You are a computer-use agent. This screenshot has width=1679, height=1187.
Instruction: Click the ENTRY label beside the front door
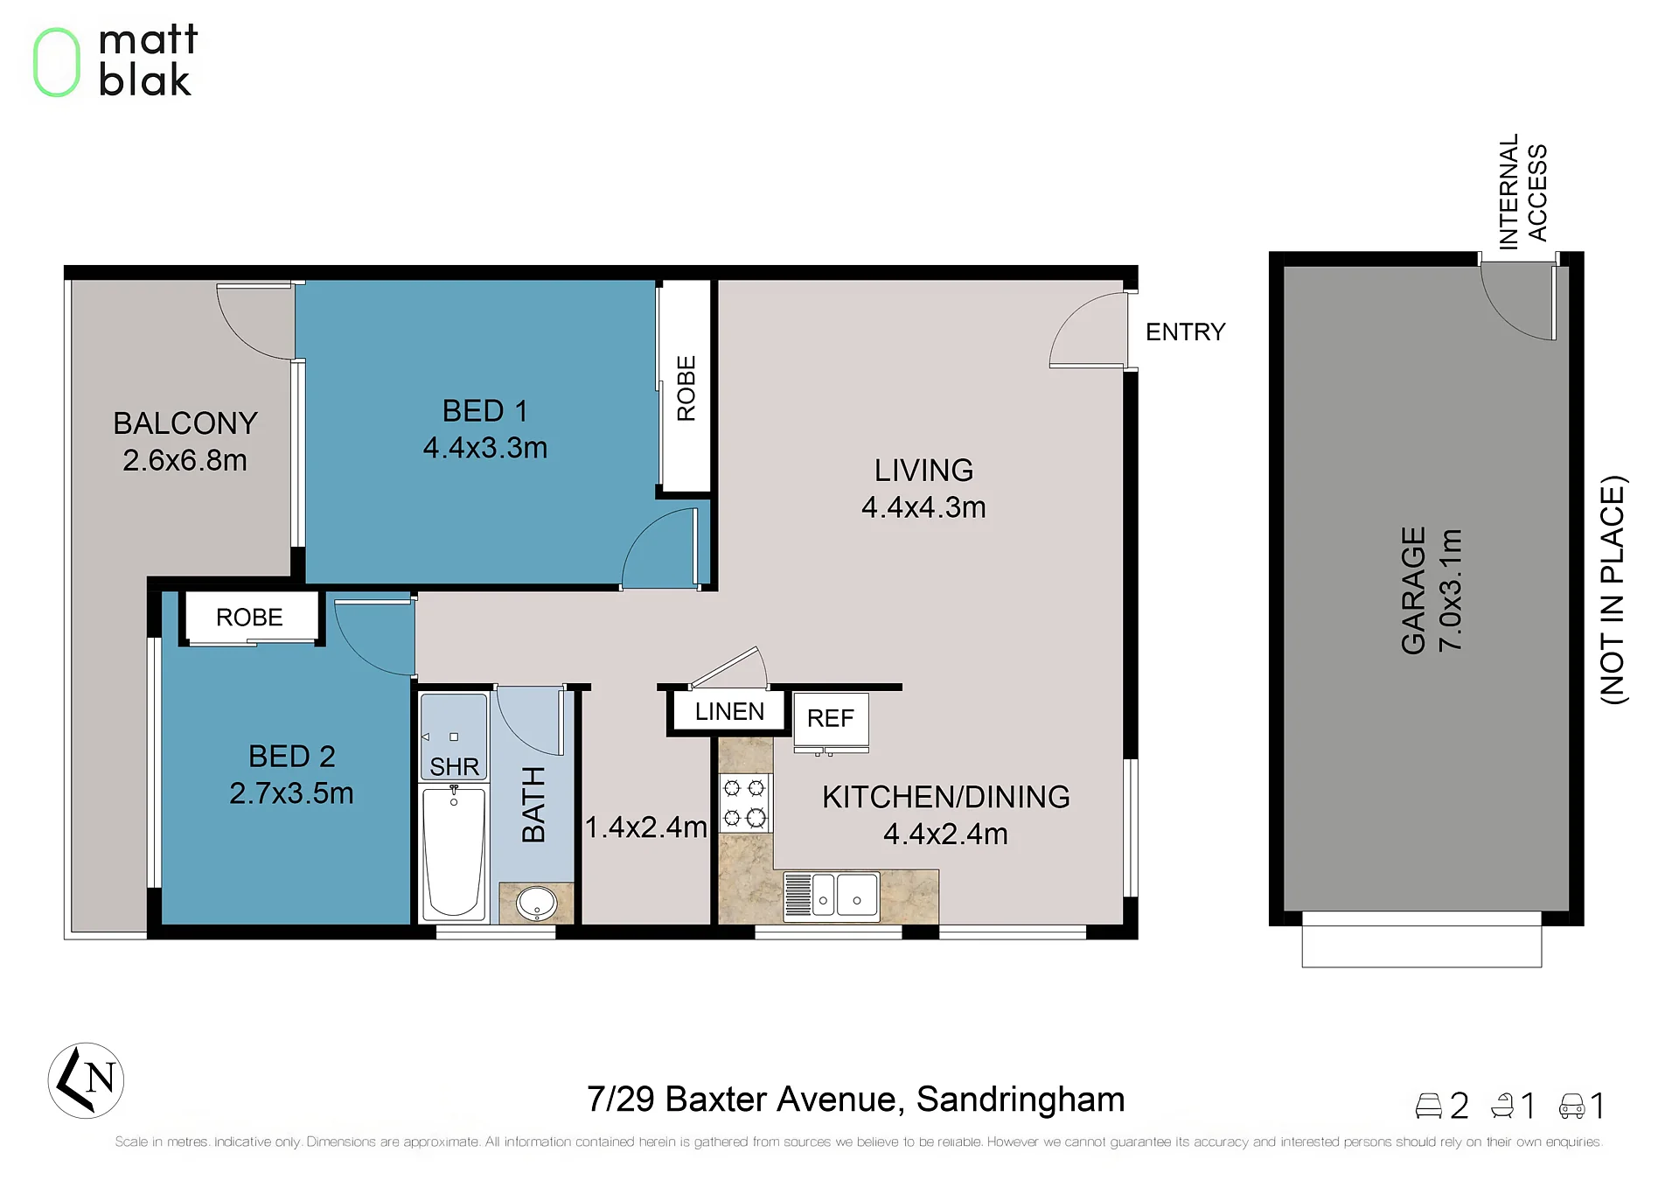(x=1185, y=332)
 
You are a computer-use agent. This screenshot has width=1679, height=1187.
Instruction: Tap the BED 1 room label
(x=484, y=411)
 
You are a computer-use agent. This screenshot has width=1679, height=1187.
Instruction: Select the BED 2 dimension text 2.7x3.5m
(x=291, y=793)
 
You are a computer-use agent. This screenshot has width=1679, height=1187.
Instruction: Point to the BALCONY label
(x=185, y=423)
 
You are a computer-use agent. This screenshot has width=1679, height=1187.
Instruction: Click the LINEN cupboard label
(x=729, y=712)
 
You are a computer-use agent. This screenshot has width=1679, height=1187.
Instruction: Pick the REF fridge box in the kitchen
(x=831, y=719)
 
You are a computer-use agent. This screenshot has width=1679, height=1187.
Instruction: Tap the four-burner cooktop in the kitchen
(x=744, y=802)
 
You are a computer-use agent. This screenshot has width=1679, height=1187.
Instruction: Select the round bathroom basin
(x=536, y=903)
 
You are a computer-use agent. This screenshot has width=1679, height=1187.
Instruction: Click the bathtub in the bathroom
(x=454, y=852)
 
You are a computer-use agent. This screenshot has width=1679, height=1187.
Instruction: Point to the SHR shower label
(x=454, y=767)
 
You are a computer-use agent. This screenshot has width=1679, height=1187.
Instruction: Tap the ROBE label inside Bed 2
(x=249, y=618)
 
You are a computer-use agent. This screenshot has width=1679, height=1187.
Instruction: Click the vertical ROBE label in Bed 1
(x=686, y=388)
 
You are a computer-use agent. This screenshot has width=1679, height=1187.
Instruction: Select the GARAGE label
(x=1413, y=590)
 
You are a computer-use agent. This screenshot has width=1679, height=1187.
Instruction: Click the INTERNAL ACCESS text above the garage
(x=1522, y=192)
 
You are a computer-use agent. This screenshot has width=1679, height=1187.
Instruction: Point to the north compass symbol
(x=86, y=1080)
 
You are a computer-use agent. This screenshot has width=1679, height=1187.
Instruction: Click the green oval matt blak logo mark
(x=57, y=62)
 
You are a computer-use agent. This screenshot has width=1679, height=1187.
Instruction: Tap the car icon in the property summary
(x=1571, y=1106)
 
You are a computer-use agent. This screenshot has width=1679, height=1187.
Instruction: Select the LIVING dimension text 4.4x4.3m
(x=923, y=507)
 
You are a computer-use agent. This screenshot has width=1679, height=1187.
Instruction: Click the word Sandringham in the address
(x=1021, y=1100)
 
